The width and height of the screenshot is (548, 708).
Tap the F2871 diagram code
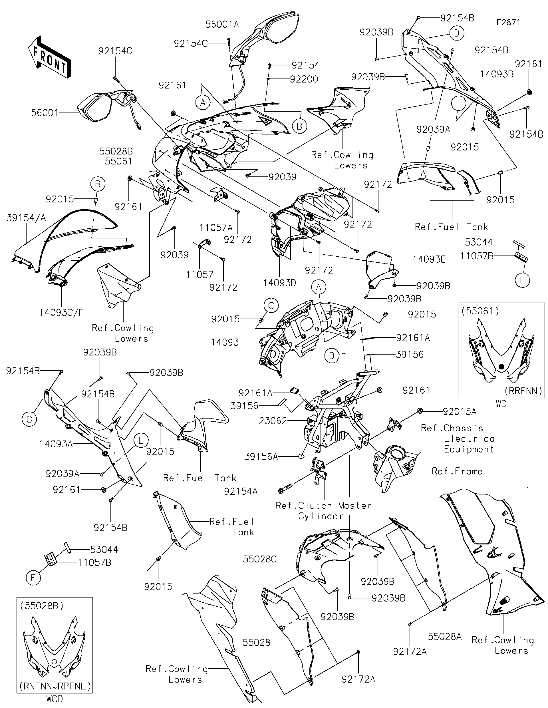point(508,22)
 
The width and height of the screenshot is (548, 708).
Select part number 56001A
point(222,24)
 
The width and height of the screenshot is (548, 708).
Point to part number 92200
point(304,79)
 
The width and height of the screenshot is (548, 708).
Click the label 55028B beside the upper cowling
point(116,151)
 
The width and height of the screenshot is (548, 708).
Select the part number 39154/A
point(26,218)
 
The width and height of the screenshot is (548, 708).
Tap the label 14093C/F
point(61,313)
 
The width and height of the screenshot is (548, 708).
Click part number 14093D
point(279,283)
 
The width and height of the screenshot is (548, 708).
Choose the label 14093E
point(429,259)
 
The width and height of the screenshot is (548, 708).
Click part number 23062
point(273,421)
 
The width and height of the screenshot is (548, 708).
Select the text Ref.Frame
point(457,471)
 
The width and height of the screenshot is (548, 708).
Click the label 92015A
point(460,412)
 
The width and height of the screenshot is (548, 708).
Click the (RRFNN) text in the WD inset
point(523,391)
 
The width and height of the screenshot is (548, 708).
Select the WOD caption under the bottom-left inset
point(55,699)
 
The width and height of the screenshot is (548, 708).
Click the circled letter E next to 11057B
point(33,578)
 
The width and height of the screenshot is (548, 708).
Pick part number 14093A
point(56,444)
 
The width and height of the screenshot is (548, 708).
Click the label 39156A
point(261,457)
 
